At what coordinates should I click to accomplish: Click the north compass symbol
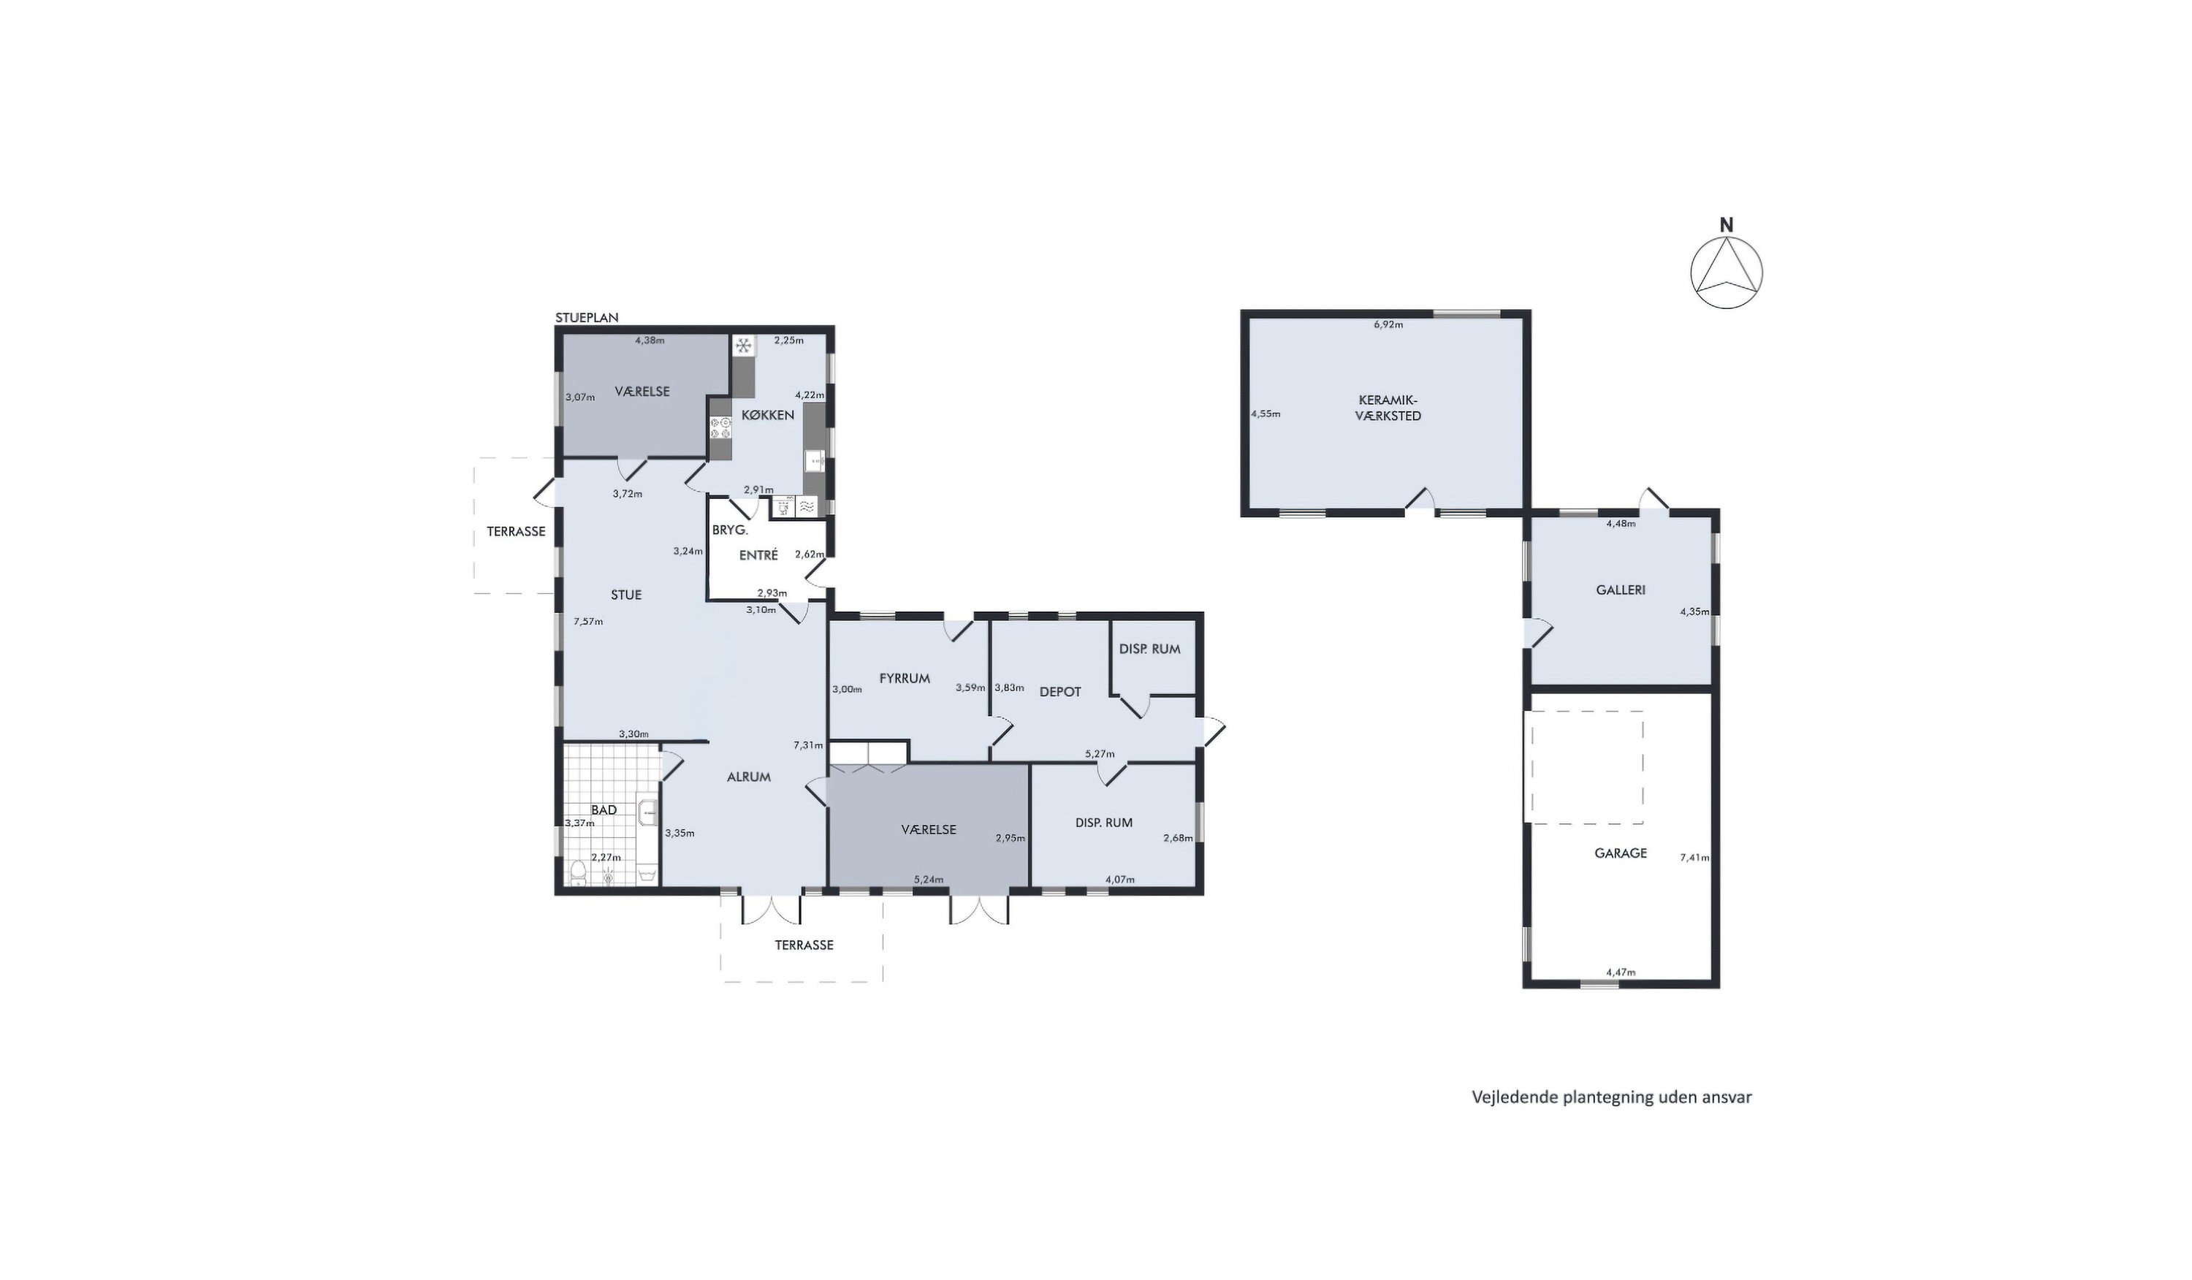(x=1727, y=270)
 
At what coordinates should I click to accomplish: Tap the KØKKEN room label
(x=768, y=415)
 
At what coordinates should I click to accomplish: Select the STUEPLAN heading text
(x=587, y=317)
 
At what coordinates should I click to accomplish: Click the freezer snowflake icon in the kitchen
(x=744, y=346)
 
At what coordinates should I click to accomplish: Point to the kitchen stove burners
(x=721, y=428)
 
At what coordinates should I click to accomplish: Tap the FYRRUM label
(x=905, y=678)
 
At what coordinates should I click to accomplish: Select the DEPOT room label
(x=1060, y=691)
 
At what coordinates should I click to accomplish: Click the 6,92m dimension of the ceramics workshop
(x=1388, y=324)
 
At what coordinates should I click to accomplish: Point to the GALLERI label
(x=1621, y=590)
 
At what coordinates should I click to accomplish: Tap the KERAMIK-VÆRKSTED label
(x=1390, y=408)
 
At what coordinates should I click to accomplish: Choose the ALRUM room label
(x=749, y=777)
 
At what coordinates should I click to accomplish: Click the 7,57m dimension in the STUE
(x=588, y=621)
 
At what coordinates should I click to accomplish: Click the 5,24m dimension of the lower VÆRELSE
(x=929, y=879)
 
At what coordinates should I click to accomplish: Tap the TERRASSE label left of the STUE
(x=516, y=530)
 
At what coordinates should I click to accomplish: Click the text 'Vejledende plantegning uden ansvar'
(x=1612, y=1097)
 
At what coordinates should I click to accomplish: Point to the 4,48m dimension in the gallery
(x=1621, y=524)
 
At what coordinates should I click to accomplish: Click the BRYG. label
(x=730, y=529)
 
